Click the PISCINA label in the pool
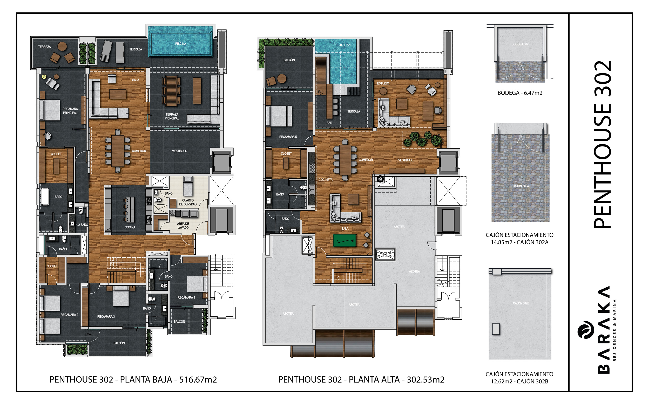(x=181, y=44)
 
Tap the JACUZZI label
(x=345, y=45)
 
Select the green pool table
(x=344, y=240)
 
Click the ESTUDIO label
(x=383, y=83)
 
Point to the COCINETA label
(x=326, y=180)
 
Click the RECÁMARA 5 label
(x=288, y=137)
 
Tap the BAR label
(x=329, y=123)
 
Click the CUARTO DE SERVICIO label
(x=188, y=202)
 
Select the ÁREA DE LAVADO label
(x=183, y=225)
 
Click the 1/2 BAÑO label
(x=82, y=225)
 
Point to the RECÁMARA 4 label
(x=186, y=297)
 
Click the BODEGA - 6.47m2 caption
(x=520, y=93)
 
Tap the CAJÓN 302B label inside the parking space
(x=521, y=303)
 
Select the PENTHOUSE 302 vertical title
(x=603, y=144)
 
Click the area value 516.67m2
(x=198, y=380)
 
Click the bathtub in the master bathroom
(x=45, y=196)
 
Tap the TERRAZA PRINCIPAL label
(x=172, y=116)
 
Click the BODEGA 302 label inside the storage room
(x=520, y=44)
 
